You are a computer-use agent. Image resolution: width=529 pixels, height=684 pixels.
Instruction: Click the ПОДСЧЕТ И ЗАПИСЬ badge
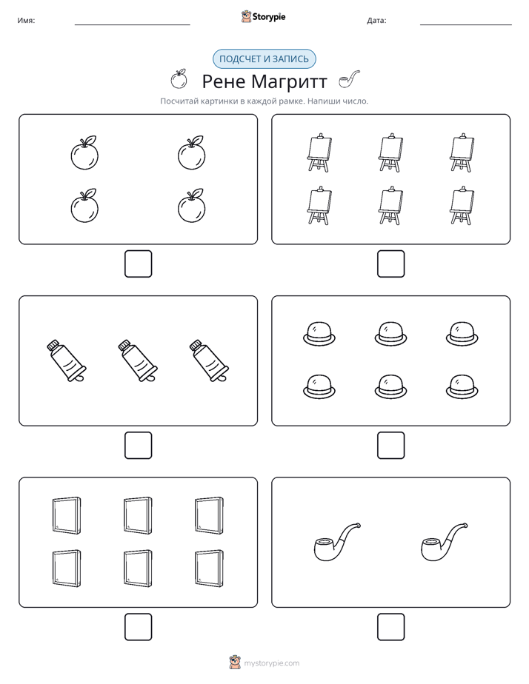[264, 59]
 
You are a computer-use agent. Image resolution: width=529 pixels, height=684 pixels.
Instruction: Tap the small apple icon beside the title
[179, 79]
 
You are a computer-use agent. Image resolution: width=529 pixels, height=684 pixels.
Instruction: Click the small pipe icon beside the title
[350, 79]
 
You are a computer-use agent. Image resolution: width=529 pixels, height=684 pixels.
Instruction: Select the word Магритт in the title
[289, 81]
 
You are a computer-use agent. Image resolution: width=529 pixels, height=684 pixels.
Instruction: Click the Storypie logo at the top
[263, 16]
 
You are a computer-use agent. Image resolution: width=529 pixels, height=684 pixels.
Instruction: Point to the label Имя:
[26, 21]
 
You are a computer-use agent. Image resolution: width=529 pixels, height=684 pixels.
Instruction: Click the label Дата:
[376, 21]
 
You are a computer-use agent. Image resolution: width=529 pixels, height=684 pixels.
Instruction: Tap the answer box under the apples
[139, 264]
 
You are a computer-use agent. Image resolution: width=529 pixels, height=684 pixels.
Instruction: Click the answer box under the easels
[390, 264]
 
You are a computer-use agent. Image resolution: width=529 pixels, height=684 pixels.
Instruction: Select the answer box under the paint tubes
[139, 446]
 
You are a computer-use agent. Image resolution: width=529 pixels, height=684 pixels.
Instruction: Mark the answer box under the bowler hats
[390, 446]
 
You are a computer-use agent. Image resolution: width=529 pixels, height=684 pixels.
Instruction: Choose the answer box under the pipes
[390, 627]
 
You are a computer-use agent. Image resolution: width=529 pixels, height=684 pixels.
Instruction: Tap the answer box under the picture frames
[139, 627]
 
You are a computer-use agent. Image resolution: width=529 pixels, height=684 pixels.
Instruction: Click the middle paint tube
[138, 361]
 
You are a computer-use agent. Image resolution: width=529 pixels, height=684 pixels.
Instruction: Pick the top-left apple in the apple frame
[84, 152]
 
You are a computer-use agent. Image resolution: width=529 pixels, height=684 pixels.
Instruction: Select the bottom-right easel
[462, 206]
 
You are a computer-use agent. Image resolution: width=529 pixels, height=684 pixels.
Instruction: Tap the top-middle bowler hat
[390, 334]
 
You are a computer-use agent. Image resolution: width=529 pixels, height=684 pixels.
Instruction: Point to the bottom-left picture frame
[67, 568]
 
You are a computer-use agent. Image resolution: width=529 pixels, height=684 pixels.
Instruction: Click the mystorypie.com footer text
[271, 663]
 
